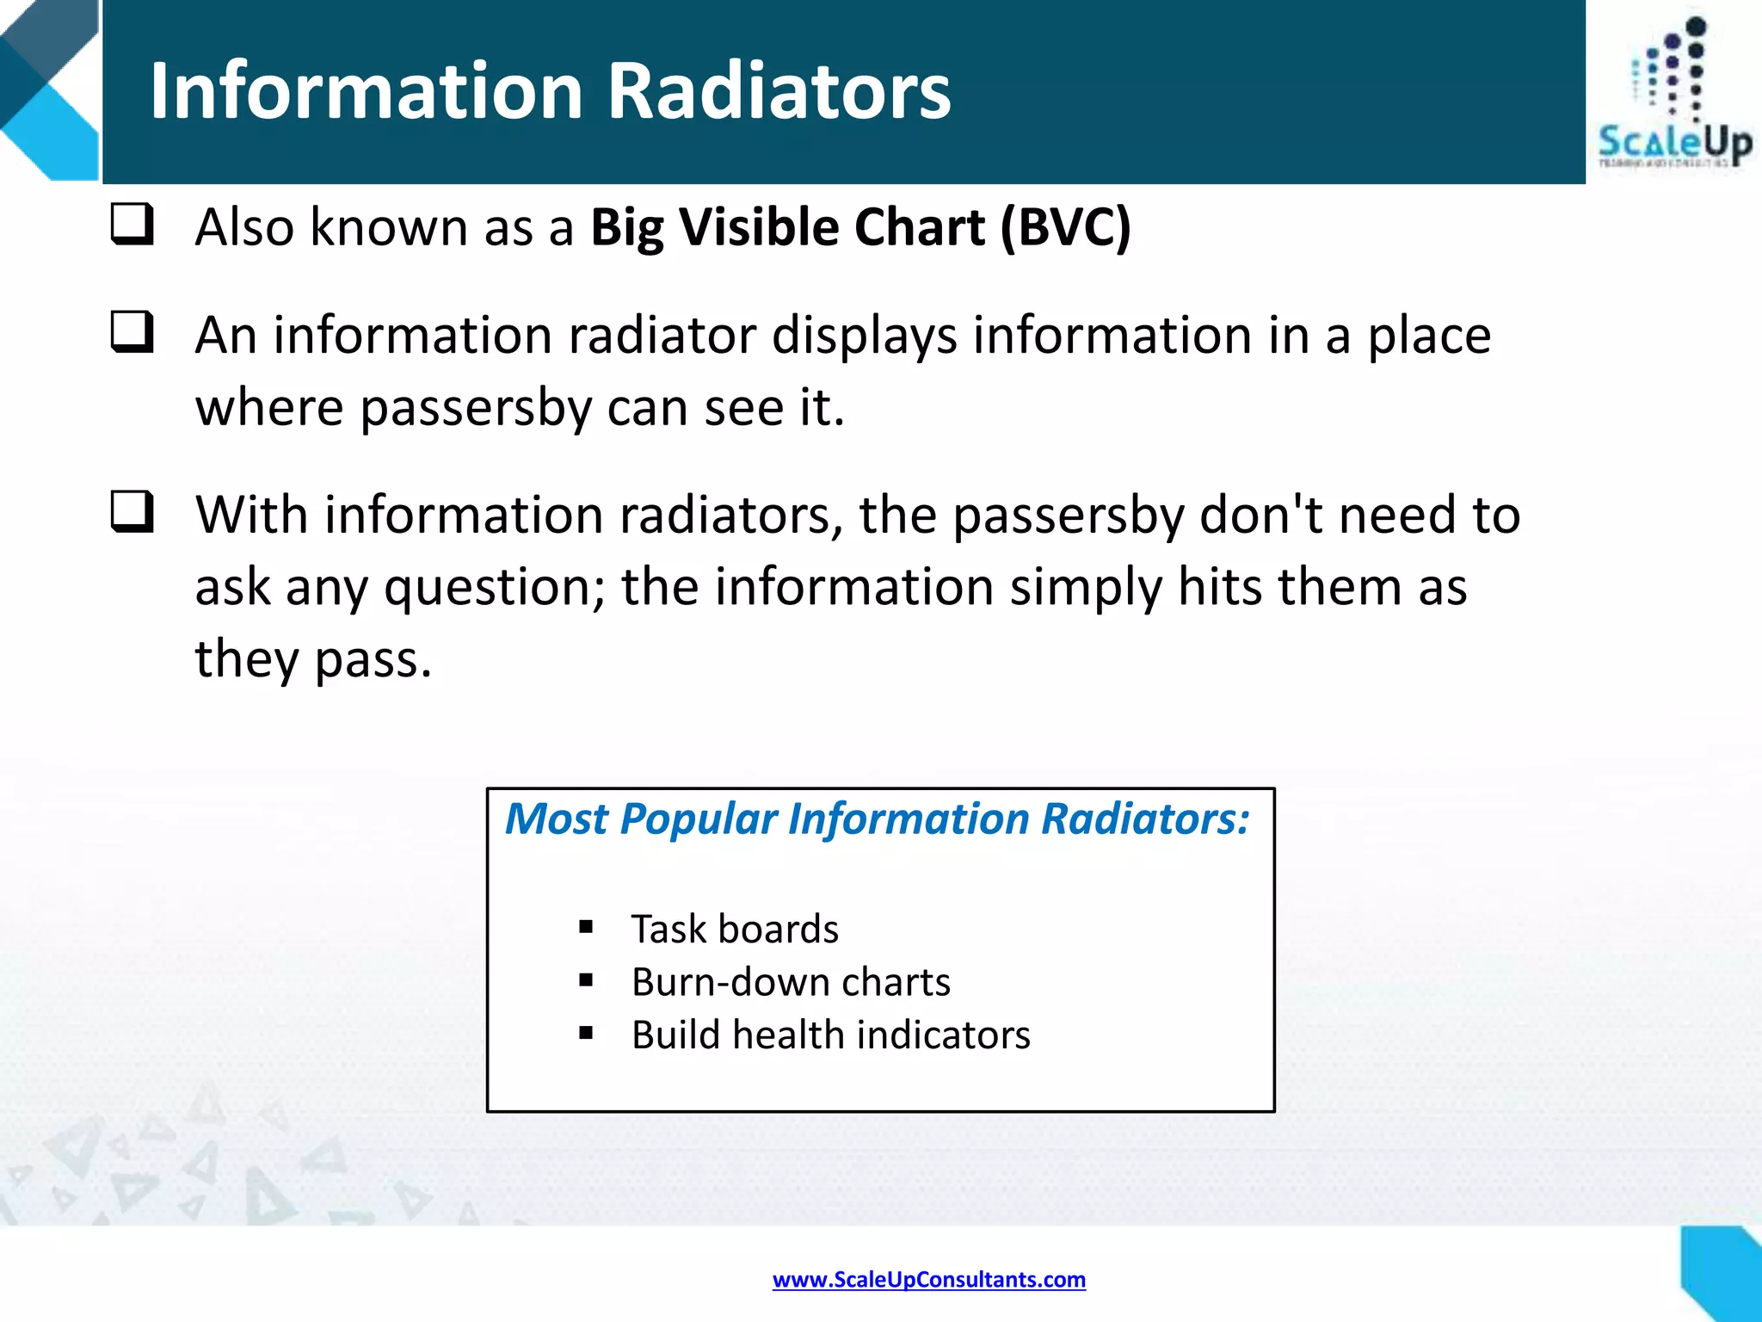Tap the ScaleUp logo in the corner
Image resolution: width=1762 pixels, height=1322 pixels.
point(1673,95)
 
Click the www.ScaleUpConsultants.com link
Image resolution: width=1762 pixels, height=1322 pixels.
point(928,1280)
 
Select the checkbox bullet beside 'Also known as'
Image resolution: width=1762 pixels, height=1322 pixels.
point(132,225)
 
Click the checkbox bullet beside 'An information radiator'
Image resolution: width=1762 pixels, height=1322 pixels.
point(132,332)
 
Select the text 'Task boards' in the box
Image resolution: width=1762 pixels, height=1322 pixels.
point(735,930)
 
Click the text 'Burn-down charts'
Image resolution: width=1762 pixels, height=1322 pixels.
point(791,982)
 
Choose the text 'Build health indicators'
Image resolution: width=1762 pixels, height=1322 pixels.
point(830,1035)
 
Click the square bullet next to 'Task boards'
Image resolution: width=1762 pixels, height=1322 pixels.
point(586,927)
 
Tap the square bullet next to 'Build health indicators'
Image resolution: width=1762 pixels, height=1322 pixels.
point(586,1033)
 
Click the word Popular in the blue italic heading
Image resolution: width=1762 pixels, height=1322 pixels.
point(698,819)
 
